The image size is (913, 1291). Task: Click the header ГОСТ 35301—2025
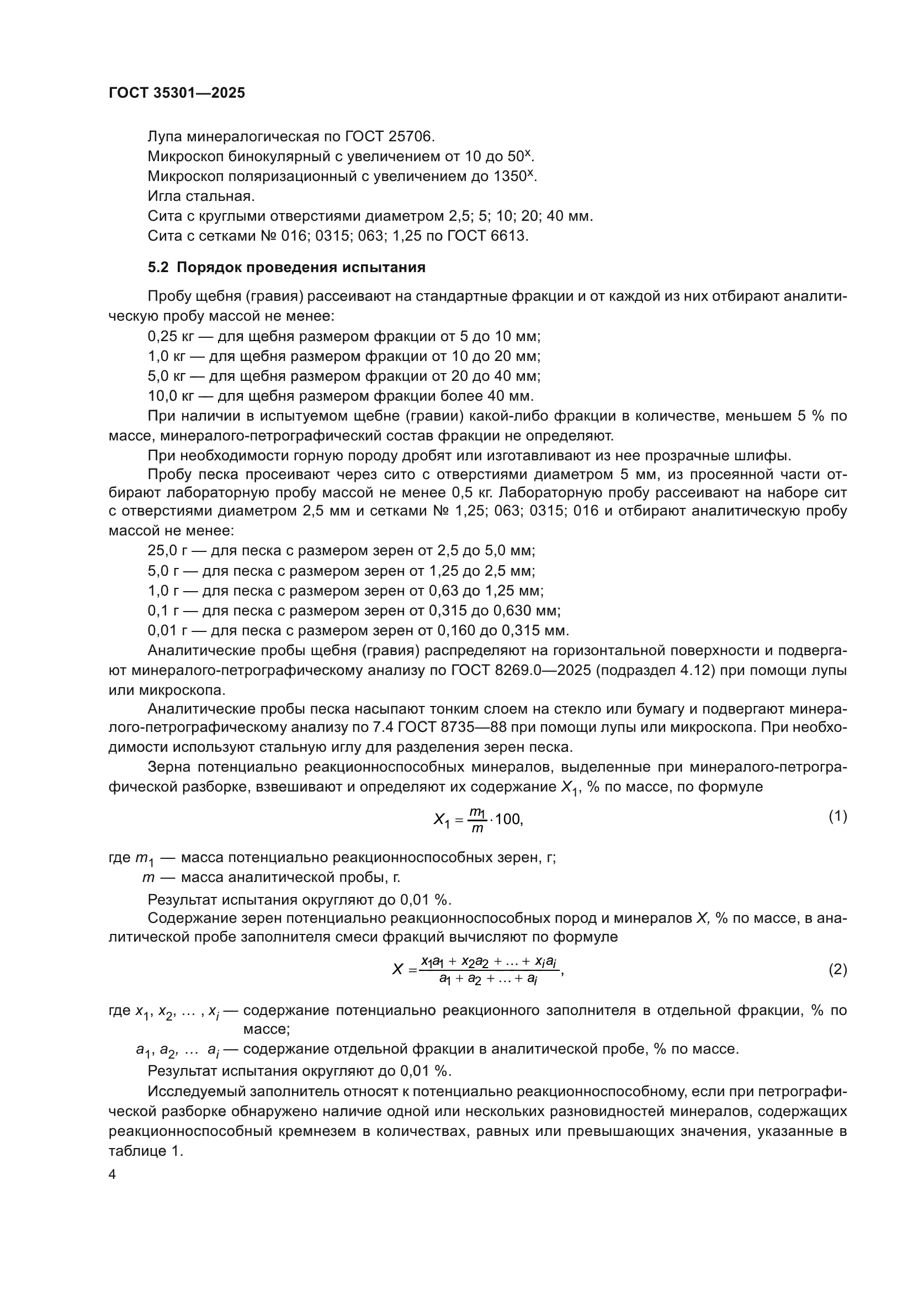(177, 93)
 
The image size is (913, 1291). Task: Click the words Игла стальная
(201, 196)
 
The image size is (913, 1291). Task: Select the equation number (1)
(838, 816)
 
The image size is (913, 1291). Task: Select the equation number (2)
(838, 970)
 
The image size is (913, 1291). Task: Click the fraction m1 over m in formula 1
(477, 820)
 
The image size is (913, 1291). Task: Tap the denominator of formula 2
(489, 980)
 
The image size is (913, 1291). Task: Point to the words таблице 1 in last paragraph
(145, 1151)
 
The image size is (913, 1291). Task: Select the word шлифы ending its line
(776, 455)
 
